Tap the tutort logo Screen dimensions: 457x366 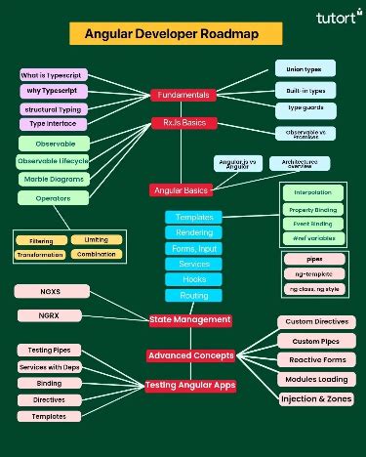[x=335, y=17]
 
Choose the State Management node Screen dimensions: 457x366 [x=190, y=319]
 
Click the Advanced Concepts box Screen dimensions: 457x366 [x=189, y=354]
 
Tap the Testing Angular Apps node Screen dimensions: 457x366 [x=190, y=385]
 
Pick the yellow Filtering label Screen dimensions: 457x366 [x=41, y=239]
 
